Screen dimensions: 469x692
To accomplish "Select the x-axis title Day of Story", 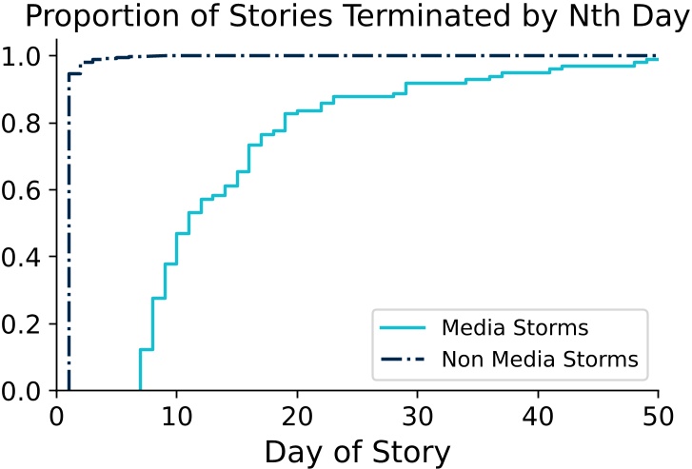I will [357, 449].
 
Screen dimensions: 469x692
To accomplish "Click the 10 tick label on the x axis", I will [176, 415].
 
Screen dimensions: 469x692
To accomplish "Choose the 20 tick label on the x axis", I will [297, 415].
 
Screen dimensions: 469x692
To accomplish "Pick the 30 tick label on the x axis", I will [418, 415].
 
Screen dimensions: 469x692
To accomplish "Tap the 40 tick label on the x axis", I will [538, 415].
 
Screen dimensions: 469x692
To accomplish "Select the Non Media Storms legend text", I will [539, 360].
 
